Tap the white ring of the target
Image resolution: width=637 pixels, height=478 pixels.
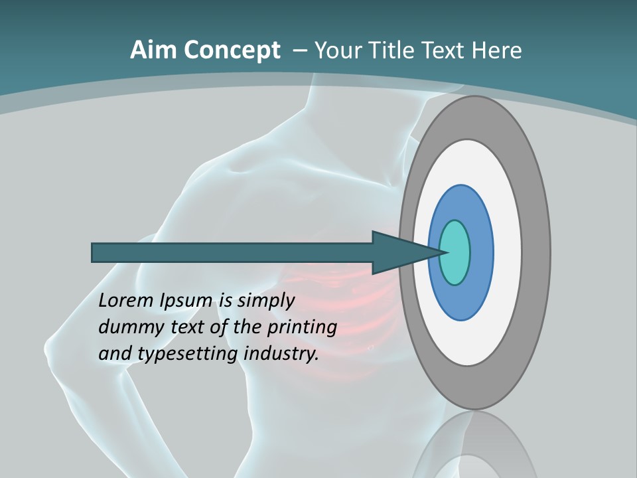(x=507, y=252)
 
